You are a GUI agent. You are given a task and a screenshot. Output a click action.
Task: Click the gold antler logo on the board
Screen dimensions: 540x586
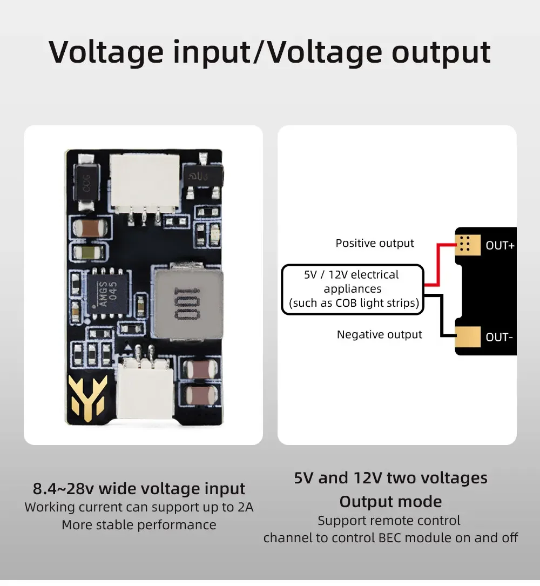[x=87, y=398]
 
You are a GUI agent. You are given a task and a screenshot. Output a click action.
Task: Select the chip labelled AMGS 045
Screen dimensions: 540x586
[x=108, y=293]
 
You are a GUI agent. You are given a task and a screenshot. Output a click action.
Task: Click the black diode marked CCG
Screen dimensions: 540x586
[x=87, y=183]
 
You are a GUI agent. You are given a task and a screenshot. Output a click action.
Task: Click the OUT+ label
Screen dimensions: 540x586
[x=500, y=246]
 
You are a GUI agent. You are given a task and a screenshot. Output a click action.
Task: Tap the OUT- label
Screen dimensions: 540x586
[x=499, y=337]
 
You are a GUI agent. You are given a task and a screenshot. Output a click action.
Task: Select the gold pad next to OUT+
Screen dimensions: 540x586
[x=468, y=245]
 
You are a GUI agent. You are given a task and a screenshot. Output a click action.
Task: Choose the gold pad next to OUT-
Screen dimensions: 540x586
[x=468, y=336]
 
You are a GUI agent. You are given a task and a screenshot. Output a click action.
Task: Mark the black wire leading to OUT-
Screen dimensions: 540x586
[x=442, y=316]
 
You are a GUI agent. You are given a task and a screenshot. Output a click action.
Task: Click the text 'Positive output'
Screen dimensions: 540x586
[x=374, y=243]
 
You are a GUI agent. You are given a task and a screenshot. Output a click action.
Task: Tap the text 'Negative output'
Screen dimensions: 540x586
[x=379, y=334]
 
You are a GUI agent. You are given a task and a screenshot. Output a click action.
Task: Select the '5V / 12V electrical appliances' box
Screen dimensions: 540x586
[x=353, y=289]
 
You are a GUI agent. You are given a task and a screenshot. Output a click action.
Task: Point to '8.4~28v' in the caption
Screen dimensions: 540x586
[x=63, y=488]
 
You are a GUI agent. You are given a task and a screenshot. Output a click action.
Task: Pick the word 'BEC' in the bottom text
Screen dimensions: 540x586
[x=390, y=538]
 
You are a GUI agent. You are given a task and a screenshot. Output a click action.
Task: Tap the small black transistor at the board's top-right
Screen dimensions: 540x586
[x=203, y=175]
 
